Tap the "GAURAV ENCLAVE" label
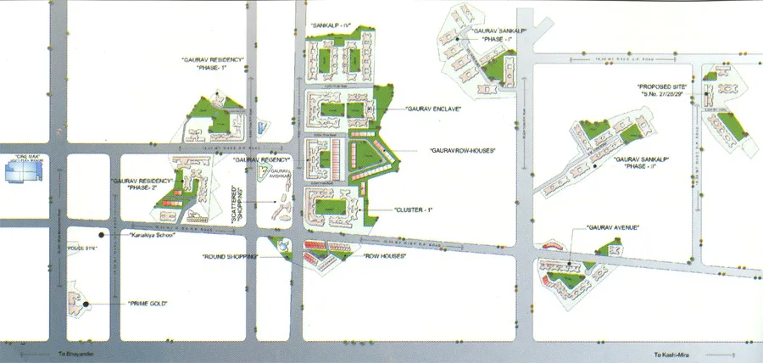coord(432,109)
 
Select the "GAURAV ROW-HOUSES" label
coord(461,150)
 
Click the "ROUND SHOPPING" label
coord(230,255)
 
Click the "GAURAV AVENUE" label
coord(611,228)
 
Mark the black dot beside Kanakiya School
coord(101,234)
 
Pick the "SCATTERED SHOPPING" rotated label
coord(237,204)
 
